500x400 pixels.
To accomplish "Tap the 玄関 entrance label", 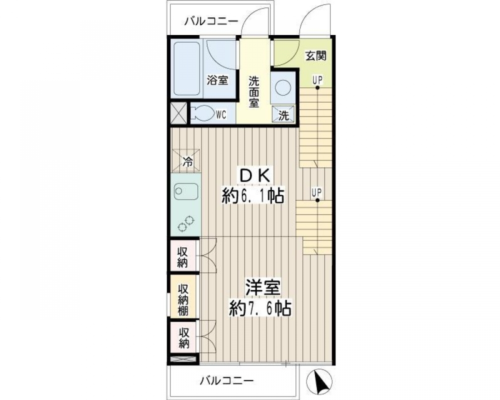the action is pyautogui.click(x=316, y=56).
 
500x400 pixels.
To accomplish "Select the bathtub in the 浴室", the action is pyautogui.click(x=187, y=69).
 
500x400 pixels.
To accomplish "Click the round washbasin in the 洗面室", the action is pyautogui.click(x=283, y=87).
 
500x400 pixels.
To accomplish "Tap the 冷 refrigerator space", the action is pyautogui.click(x=187, y=160).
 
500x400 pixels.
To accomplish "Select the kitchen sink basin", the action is pyautogui.click(x=186, y=192).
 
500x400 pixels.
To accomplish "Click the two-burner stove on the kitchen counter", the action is pyautogui.click(x=186, y=223).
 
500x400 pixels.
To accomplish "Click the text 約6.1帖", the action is pyautogui.click(x=253, y=196).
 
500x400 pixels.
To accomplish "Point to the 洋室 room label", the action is pyautogui.click(x=262, y=287).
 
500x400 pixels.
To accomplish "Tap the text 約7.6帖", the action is pyautogui.click(x=260, y=308).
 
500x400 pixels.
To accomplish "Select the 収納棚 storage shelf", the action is pyautogui.click(x=183, y=296).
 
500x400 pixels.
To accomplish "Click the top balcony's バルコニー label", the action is pyautogui.click(x=211, y=22).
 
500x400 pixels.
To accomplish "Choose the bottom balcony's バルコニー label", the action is pyautogui.click(x=226, y=380).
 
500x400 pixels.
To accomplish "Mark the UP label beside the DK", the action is pyautogui.click(x=317, y=192).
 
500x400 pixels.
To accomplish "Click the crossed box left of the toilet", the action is pyautogui.click(x=179, y=113).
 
